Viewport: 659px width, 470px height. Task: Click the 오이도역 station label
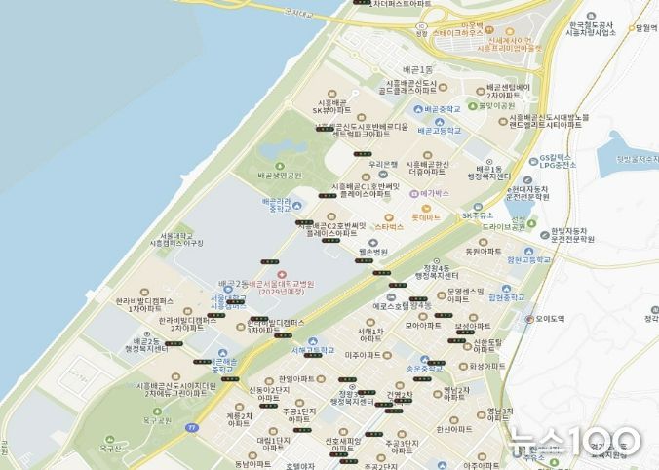tap(547, 319)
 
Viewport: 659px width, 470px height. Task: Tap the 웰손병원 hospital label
tap(370, 252)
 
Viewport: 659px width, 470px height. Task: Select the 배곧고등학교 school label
tap(438, 130)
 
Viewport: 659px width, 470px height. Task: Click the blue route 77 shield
tap(193, 427)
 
